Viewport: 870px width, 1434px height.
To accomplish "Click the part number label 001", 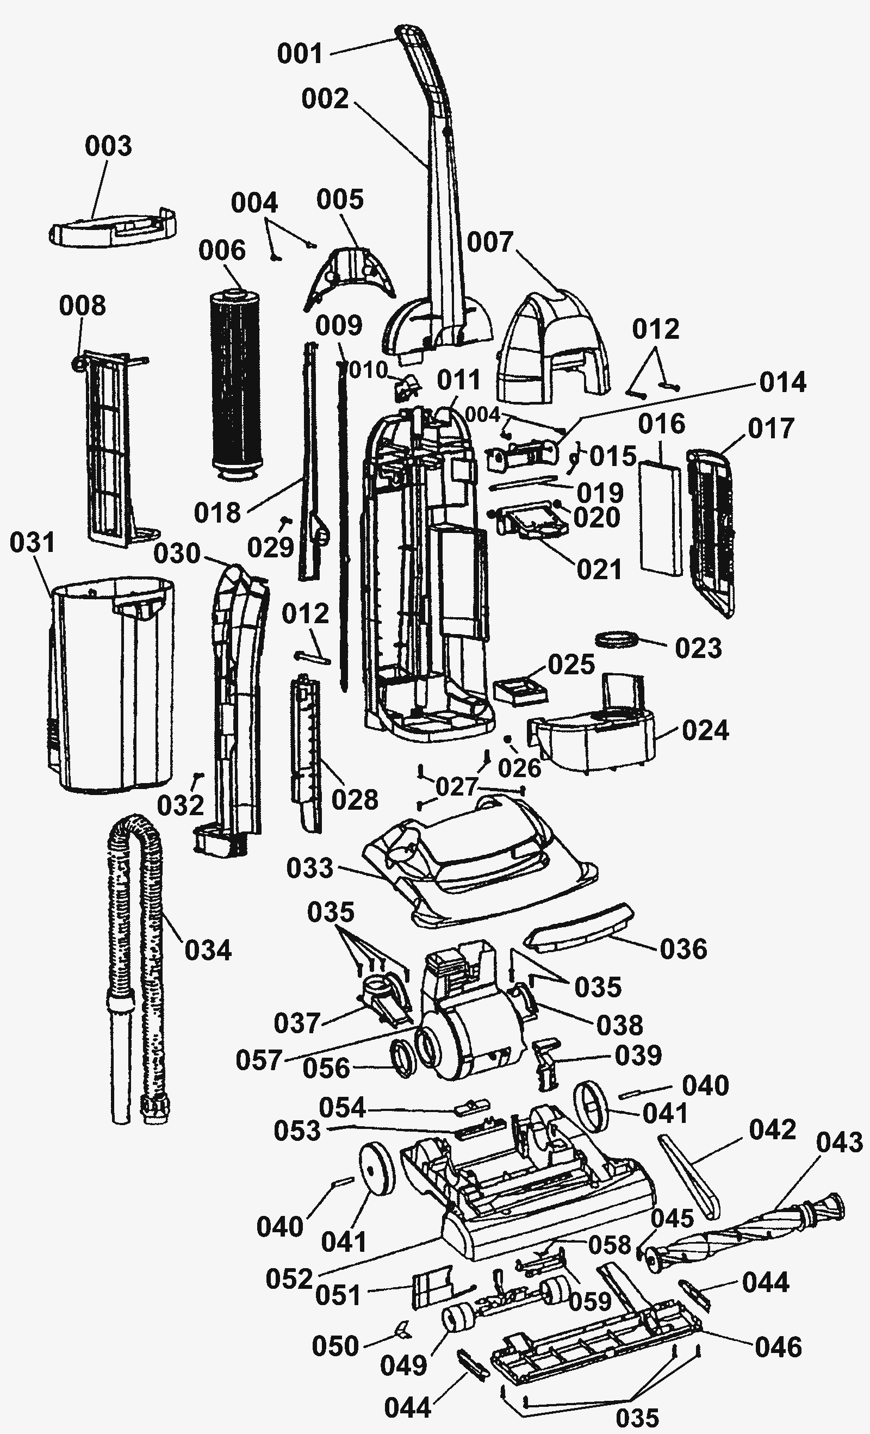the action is [300, 54].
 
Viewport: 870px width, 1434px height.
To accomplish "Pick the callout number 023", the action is [698, 648].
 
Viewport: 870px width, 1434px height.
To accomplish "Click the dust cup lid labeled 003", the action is [114, 229].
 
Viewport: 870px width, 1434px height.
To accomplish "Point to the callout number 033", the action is [310, 868].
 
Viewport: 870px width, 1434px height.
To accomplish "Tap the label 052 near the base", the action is [289, 1278].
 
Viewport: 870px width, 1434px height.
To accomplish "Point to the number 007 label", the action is [490, 242].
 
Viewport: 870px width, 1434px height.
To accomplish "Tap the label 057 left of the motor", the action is [259, 1060].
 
